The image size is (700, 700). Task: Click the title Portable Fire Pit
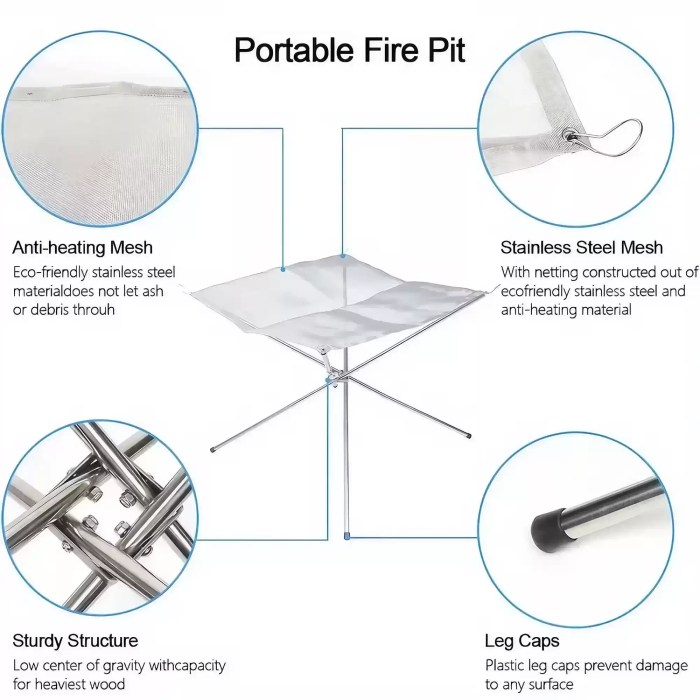(349, 48)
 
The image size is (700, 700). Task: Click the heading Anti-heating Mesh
(83, 247)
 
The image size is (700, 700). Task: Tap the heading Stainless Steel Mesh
(581, 247)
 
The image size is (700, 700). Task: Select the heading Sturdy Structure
(75, 640)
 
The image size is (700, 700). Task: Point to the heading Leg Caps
(522, 640)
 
